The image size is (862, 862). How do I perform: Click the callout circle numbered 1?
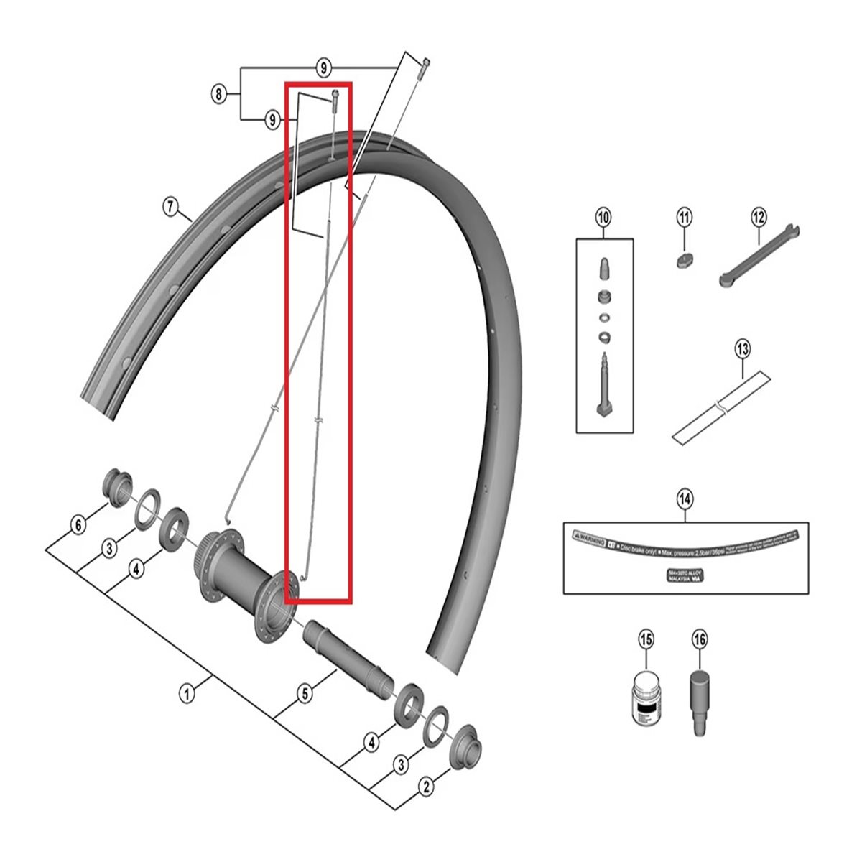coord(187,695)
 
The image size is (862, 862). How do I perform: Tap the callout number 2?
coord(427,787)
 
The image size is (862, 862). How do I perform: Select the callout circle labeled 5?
coord(305,695)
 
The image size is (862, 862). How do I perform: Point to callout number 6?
coord(78,525)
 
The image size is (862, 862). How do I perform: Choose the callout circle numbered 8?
coord(218,93)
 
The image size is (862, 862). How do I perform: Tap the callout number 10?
coord(603,217)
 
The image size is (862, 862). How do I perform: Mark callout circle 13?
coord(742,350)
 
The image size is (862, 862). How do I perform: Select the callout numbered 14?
coord(685,498)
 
